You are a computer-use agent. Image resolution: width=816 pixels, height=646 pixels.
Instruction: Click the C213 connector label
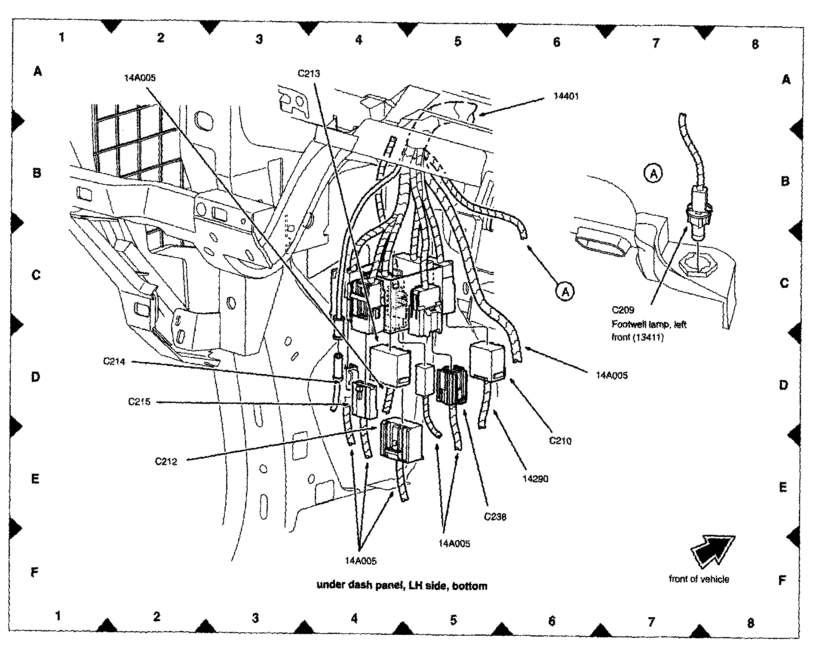309,73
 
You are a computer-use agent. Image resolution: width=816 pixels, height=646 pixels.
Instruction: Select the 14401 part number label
566,96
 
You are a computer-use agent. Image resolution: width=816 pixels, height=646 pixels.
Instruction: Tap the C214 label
114,362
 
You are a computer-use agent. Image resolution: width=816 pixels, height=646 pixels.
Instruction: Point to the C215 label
139,402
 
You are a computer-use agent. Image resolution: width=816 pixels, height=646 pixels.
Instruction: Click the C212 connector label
166,462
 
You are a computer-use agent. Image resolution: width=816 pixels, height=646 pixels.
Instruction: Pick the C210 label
561,441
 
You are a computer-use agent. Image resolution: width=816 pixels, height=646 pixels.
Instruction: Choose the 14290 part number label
535,479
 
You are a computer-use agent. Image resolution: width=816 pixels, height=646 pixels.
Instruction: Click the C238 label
495,517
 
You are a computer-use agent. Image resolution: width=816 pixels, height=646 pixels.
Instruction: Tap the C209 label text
623,310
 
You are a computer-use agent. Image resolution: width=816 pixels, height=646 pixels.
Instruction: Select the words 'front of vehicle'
699,579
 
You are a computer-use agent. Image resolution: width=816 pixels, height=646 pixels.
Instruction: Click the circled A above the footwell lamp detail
653,174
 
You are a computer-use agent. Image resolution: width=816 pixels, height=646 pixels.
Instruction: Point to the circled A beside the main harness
565,292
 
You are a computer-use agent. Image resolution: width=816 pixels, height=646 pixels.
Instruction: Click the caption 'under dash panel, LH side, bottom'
402,586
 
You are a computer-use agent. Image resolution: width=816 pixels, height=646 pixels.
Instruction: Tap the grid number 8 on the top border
755,44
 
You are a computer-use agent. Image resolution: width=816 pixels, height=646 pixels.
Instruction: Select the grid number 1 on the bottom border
58,616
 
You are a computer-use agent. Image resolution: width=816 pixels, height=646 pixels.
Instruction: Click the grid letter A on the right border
786,80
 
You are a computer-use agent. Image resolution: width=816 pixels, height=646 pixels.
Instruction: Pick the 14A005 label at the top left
140,78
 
